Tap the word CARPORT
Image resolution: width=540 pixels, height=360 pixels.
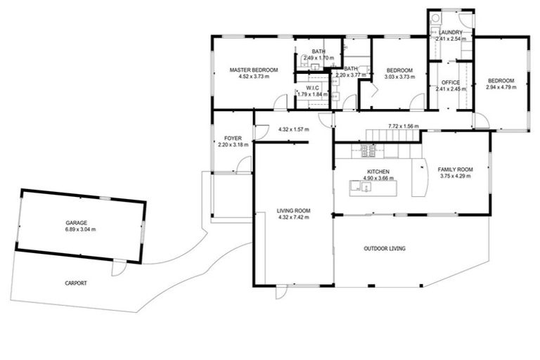click(76, 283)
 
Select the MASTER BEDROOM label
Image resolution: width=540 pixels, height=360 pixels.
click(254, 70)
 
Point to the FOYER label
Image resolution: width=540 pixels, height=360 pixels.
click(233, 138)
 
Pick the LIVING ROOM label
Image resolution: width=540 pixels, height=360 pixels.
click(293, 211)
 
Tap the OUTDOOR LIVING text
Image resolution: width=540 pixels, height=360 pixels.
click(384, 248)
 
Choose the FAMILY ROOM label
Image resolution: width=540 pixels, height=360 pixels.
click(455, 169)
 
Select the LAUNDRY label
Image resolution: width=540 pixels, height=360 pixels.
click(450, 32)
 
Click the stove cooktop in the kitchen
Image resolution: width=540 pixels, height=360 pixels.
click(368, 150)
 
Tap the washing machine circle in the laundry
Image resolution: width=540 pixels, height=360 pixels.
click(435, 18)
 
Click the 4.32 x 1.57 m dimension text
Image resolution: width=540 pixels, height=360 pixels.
click(293, 129)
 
